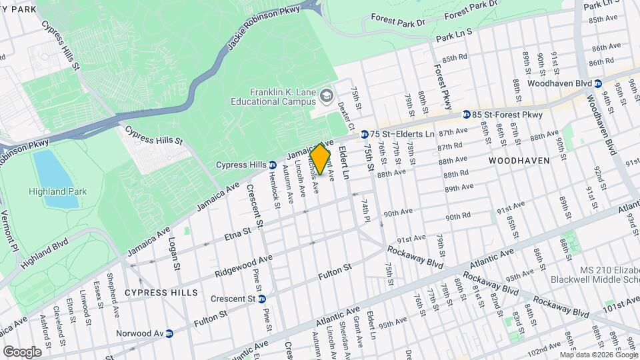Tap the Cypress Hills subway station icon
click(x=273, y=165)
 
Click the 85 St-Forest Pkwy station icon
click(x=467, y=115)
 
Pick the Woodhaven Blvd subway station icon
click(x=598, y=83)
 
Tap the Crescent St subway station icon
click(x=261, y=299)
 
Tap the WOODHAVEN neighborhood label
click(x=519, y=161)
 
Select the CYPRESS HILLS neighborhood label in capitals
click(x=161, y=293)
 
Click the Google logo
click(x=22, y=351)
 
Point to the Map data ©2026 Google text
click(x=598, y=355)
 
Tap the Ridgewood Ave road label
click(x=244, y=265)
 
